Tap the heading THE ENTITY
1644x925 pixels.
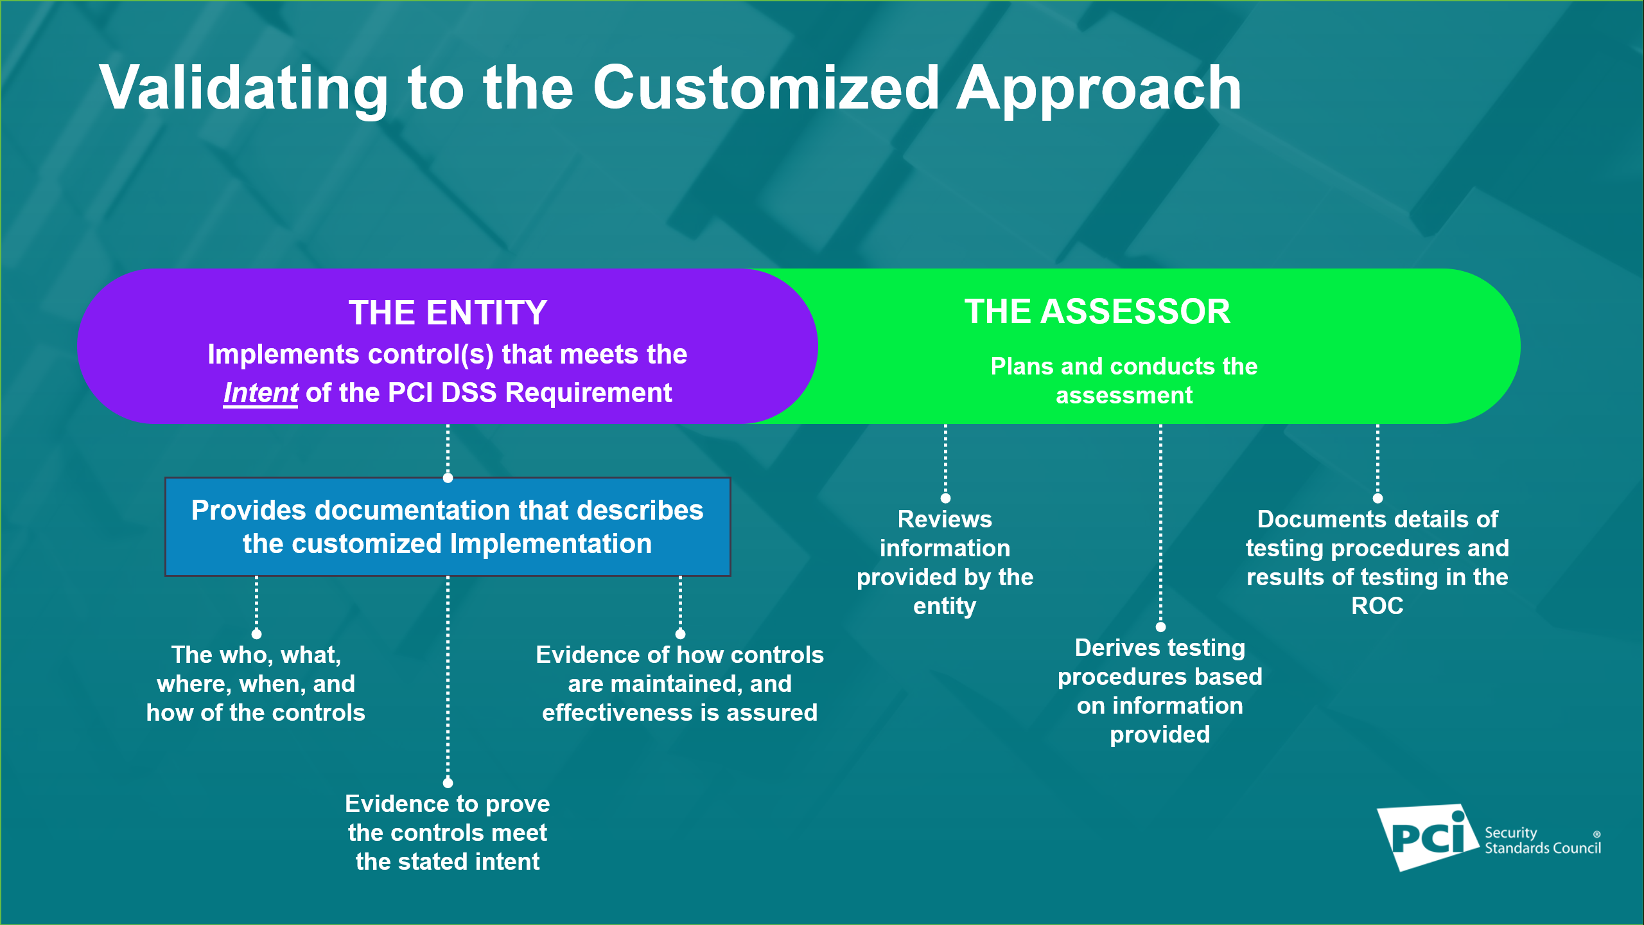(448, 313)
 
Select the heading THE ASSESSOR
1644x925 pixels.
(1097, 312)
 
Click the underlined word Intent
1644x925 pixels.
(260, 392)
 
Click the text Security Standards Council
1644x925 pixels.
(1542, 840)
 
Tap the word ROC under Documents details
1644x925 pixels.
(1377, 606)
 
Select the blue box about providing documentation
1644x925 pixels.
(448, 527)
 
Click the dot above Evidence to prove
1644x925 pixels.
(448, 782)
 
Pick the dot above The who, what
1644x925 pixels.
(256, 634)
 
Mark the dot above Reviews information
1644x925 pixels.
(945, 498)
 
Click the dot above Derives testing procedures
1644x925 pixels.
(1160, 626)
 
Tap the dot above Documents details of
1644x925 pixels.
(1377, 498)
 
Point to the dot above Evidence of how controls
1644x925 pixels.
(680, 634)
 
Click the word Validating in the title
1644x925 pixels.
(243, 88)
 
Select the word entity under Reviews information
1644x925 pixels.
(945, 606)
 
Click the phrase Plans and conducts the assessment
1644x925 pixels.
(1124, 380)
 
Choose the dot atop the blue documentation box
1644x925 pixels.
(448, 478)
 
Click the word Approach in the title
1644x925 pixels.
(1099, 88)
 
